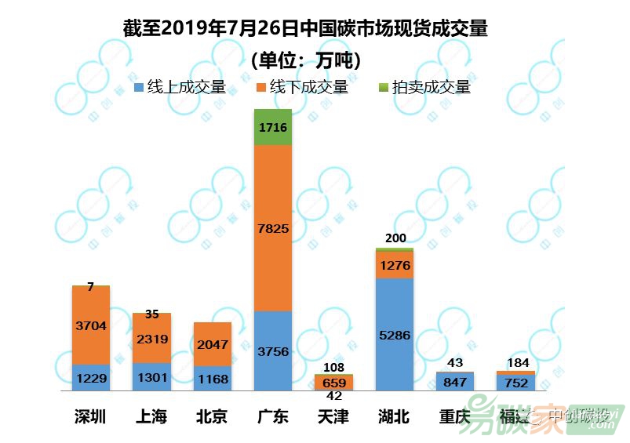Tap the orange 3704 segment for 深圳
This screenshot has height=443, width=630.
(91, 325)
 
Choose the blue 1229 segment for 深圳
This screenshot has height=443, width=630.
(91, 378)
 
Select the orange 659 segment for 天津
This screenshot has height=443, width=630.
(334, 383)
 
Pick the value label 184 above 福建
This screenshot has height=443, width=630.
(517, 363)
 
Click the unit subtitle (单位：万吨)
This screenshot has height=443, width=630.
(305, 60)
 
